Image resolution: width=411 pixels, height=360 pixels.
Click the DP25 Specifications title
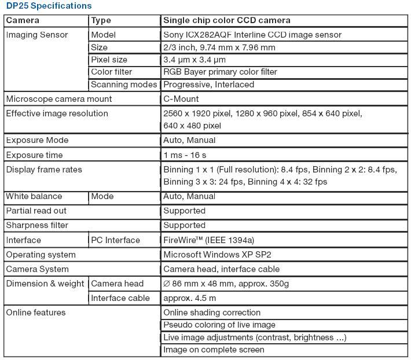(x=49, y=6)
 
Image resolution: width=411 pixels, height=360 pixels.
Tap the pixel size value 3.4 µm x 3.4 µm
(x=195, y=60)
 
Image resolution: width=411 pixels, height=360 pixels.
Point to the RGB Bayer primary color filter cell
(x=220, y=72)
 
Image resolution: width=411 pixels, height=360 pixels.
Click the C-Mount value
(x=181, y=99)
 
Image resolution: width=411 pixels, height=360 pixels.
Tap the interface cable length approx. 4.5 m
(x=190, y=298)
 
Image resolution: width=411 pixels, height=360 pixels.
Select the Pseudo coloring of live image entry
(x=219, y=325)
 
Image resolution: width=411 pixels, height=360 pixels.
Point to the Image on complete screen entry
(x=214, y=350)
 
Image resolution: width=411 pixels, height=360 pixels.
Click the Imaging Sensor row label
(x=37, y=35)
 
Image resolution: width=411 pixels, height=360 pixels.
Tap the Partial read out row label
(x=36, y=211)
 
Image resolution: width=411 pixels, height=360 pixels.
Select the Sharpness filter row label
(x=37, y=225)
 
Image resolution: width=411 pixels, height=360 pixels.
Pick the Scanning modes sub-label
(x=124, y=85)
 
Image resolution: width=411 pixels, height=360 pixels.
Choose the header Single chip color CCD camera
(x=227, y=20)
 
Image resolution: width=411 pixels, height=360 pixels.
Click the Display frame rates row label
(x=44, y=170)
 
